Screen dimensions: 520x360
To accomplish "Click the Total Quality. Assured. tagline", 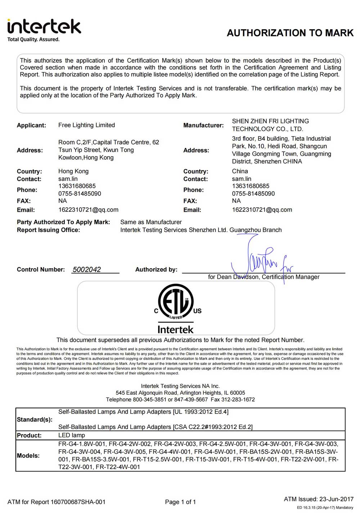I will [x=33, y=39].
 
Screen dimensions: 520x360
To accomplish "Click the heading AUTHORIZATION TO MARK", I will [x=290, y=33].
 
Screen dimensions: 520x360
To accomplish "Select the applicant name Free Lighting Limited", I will [x=86, y=125].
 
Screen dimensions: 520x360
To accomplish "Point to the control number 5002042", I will [x=87, y=269].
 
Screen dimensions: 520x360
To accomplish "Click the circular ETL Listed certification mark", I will [x=176, y=302].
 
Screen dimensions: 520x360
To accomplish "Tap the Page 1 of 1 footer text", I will [x=180, y=502].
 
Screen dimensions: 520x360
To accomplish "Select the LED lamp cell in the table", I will [x=72, y=435].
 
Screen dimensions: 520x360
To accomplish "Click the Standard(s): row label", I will [x=35, y=420].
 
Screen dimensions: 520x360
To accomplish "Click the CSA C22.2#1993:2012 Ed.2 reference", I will [x=213, y=427].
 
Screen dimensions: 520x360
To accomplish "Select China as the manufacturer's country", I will [x=240, y=171].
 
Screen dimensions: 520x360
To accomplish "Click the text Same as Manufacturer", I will [x=151, y=222].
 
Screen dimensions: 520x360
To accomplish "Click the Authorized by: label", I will [x=156, y=269].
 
